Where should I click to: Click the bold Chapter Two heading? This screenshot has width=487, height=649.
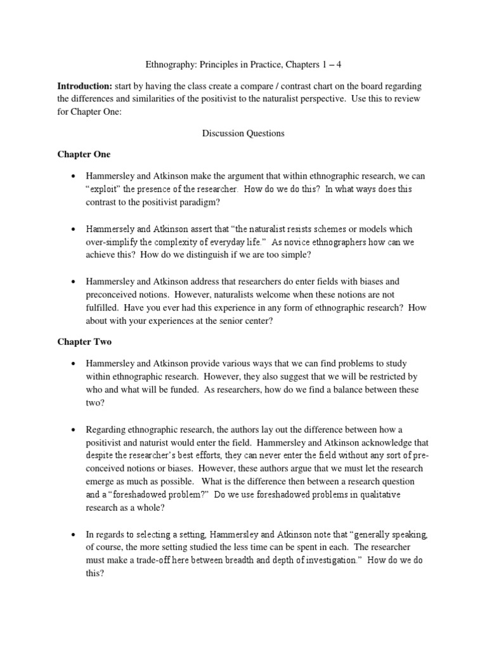(x=84, y=342)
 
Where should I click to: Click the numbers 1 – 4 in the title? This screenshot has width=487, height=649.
(x=335, y=63)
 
